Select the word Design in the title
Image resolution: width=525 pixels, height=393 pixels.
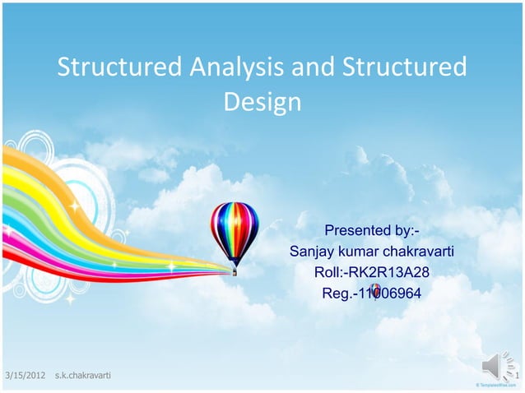click(x=262, y=103)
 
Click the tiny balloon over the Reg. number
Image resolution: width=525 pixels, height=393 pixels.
click(x=374, y=290)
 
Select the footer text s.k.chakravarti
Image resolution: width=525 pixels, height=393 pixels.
click(x=82, y=377)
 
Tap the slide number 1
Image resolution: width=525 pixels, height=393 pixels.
click(x=518, y=377)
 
